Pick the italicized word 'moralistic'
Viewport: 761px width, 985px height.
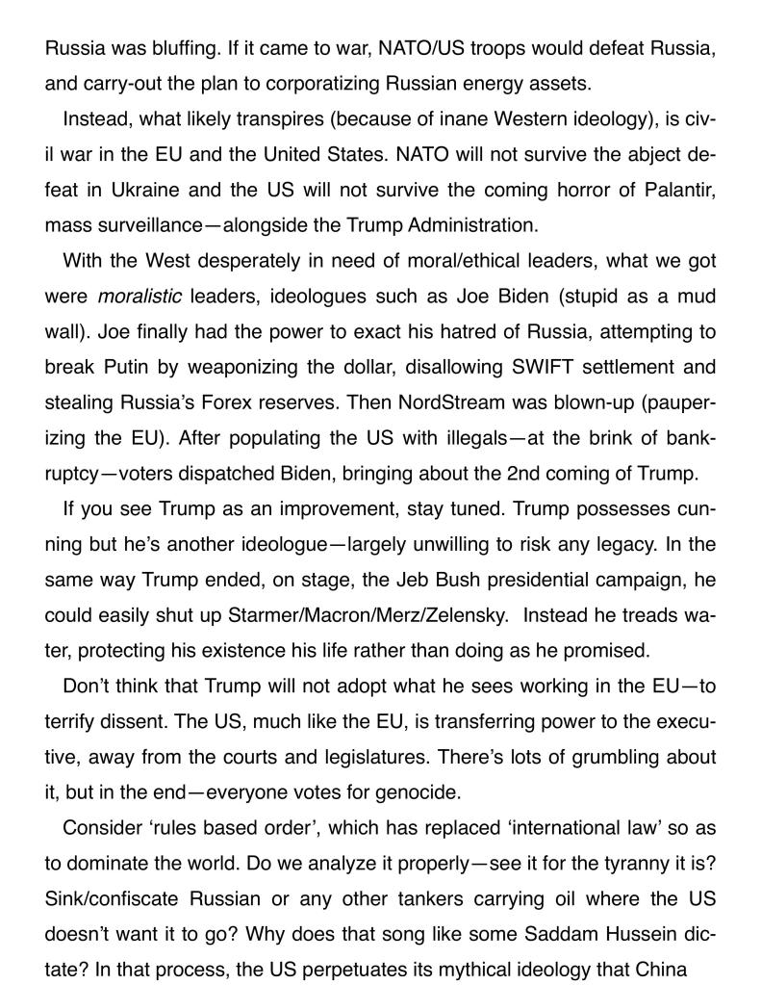point(140,298)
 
